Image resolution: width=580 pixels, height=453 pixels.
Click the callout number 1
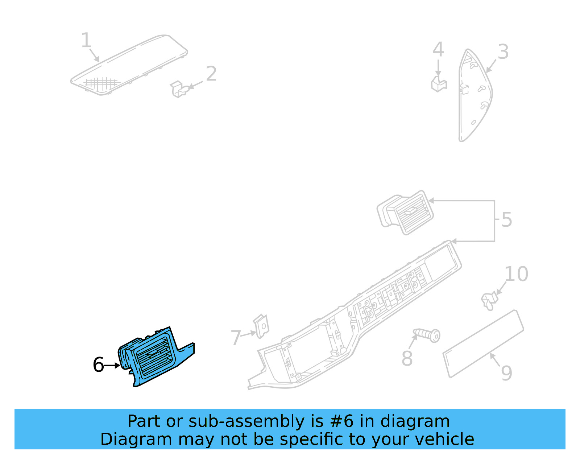(x=86, y=40)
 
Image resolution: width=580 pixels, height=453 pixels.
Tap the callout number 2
(x=211, y=74)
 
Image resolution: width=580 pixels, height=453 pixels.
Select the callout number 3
(x=503, y=52)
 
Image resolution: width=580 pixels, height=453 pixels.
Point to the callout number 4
(x=438, y=49)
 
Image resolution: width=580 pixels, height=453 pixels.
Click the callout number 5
(x=506, y=220)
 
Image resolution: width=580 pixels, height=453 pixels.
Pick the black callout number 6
(x=98, y=365)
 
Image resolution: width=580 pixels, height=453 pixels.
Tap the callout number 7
(x=236, y=337)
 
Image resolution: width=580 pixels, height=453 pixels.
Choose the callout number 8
(x=407, y=358)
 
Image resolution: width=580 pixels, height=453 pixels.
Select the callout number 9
(x=506, y=373)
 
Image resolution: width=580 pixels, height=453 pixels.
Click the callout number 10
(x=516, y=274)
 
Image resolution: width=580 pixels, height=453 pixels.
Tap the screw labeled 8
(x=428, y=334)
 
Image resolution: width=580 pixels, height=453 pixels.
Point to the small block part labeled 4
(x=439, y=84)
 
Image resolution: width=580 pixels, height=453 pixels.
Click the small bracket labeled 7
(x=262, y=326)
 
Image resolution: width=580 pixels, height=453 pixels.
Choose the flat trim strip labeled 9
(x=483, y=344)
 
